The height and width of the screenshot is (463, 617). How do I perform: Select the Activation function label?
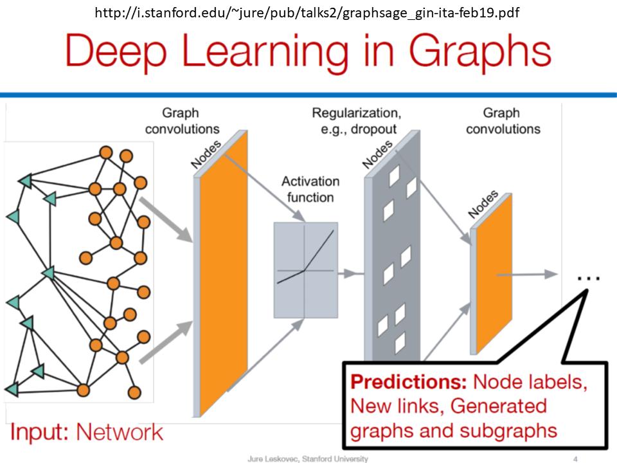coord(310,189)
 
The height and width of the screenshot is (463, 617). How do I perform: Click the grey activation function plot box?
coord(305,270)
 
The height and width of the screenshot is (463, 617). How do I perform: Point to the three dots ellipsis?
coord(588,277)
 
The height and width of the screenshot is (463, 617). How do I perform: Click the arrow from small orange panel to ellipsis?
coord(527,274)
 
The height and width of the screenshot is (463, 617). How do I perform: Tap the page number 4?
coord(575,458)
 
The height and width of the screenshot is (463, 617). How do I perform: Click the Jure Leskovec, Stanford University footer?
coord(308,458)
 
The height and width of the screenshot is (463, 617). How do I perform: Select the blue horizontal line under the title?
coord(308,95)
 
